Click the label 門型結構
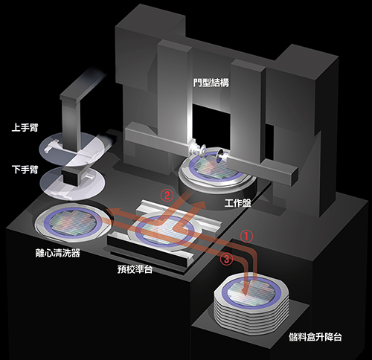[x=211, y=83]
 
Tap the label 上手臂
[x=25, y=128]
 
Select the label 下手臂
[x=25, y=170]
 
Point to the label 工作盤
[x=237, y=203]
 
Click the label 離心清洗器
[x=57, y=253]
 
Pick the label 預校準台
[x=135, y=269]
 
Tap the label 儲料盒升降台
[x=315, y=337]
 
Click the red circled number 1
[x=246, y=237]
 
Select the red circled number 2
[x=167, y=195]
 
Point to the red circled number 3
[x=226, y=260]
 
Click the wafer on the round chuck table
[x=214, y=165]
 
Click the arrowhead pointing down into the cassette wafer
[x=245, y=289]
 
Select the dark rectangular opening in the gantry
[x=211, y=125]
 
